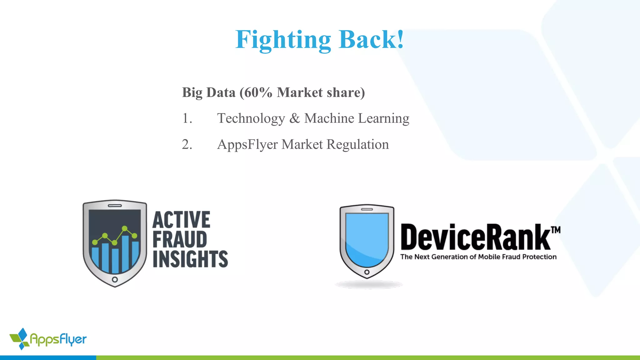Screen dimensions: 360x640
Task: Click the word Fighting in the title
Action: [x=283, y=40]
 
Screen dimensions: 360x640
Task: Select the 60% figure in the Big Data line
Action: [x=258, y=92]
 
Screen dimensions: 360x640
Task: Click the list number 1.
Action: [x=187, y=118]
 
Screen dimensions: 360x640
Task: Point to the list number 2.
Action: [x=187, y=144]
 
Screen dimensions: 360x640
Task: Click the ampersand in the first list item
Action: [x=294, y=118]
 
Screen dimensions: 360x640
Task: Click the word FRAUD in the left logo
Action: [x=180, y=239]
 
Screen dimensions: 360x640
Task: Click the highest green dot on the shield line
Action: [x=125, y=228]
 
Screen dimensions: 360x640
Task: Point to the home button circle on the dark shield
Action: [x=115, y=279]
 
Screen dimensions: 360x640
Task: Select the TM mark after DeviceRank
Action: [x=555, y=230]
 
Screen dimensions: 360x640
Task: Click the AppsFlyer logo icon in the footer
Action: [x=20, y=339]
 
